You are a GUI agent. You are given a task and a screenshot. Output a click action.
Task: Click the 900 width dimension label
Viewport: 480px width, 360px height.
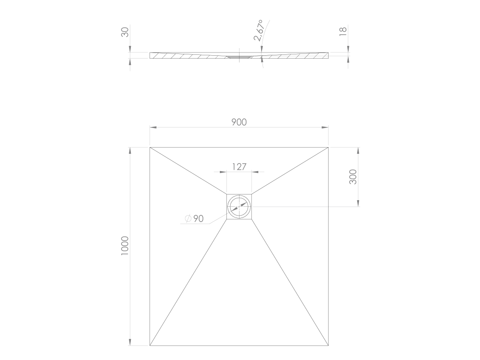[x=239, y=122]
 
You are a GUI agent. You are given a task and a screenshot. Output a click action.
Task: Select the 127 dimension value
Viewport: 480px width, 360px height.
[x=239, y=167]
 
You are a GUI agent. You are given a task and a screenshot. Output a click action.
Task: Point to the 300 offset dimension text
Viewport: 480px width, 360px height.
[x=353, y=177]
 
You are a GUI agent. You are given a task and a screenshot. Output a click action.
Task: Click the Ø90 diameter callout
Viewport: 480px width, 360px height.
[x=195, y=218]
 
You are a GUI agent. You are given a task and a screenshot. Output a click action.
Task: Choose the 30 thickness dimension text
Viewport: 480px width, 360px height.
[x=125, y=32]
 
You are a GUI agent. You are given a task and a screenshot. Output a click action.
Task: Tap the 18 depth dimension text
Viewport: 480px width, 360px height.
[x=343, y=31]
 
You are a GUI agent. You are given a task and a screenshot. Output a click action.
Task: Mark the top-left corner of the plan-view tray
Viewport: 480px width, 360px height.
[x=150, y=147]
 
